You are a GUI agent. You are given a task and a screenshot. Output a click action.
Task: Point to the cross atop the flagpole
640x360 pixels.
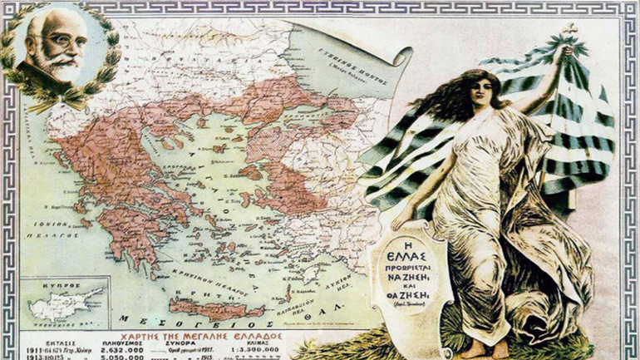click(571, 31)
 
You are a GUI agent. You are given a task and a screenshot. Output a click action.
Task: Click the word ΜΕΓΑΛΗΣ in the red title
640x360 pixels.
click(209, 320)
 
